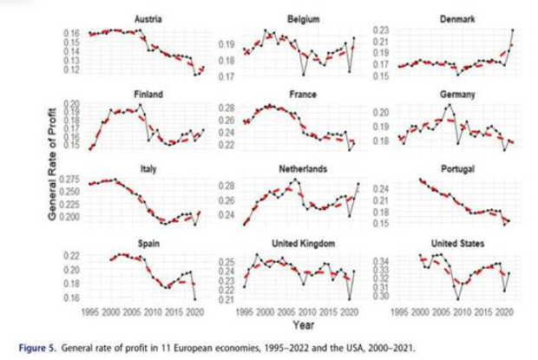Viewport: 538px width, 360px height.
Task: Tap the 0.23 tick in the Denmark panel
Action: tap(381, 31)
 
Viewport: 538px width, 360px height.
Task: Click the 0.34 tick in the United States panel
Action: tap(381, 259)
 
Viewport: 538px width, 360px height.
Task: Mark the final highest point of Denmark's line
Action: tap(513, 30)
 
